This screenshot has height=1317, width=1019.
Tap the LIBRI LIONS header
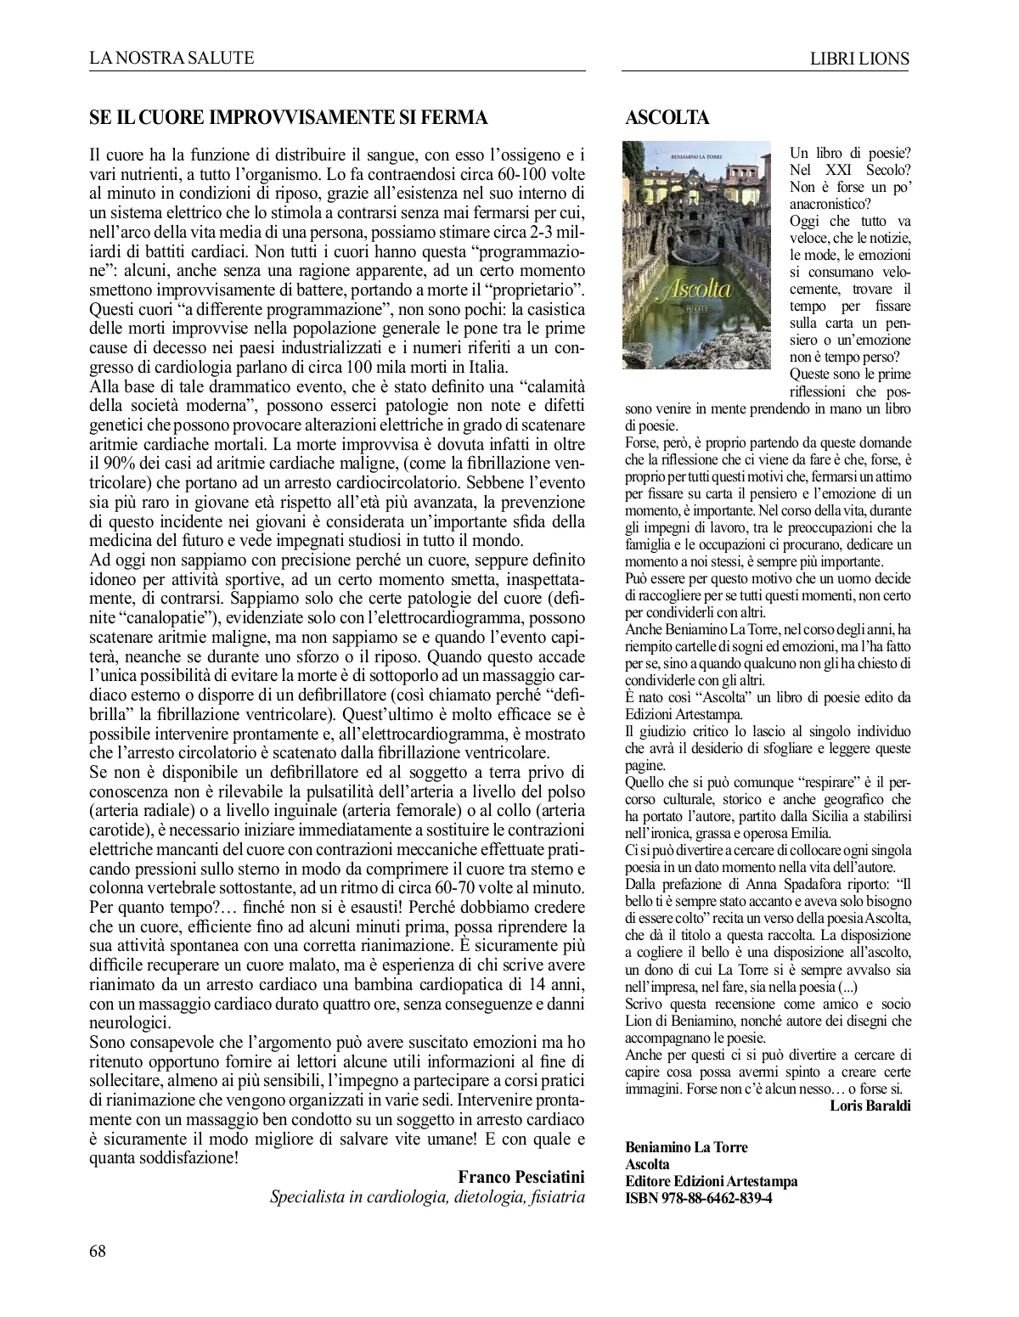pyautogui.click(x=860, y=59)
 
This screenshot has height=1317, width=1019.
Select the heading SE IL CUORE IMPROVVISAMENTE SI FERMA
pyautogui.click(x=289, y=117)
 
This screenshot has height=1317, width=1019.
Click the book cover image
pyautogui.click(x=696, y=256)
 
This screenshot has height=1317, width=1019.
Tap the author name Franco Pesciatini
pyautogui.click(x=521, y=1177)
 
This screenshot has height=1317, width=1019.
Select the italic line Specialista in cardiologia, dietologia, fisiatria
pyautogui.click(x=427, y=1197)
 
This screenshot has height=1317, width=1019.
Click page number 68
pyautogui.click(x=99, y=1251)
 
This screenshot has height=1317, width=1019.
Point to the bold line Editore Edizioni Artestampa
pyautogui.click(x=711, y=1181)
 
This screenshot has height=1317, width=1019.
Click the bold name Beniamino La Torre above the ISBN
pyautogui.click(x=686, y=1147)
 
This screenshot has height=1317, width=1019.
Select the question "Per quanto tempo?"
pyautogui.click(x=151, y=907)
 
